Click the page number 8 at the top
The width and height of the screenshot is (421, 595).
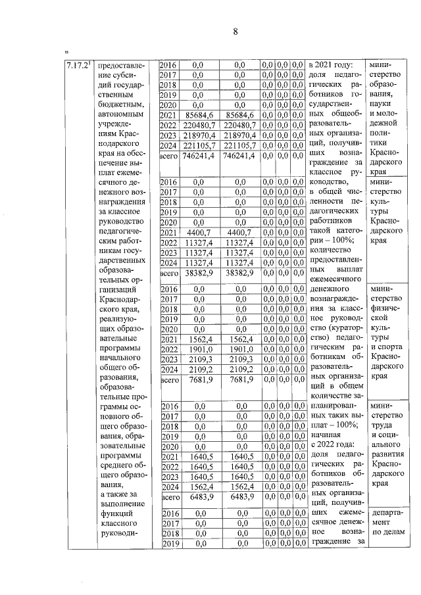[234, 32]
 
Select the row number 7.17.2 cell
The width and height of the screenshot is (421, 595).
[79, 66]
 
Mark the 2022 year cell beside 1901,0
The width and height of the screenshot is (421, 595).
[168, 349]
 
